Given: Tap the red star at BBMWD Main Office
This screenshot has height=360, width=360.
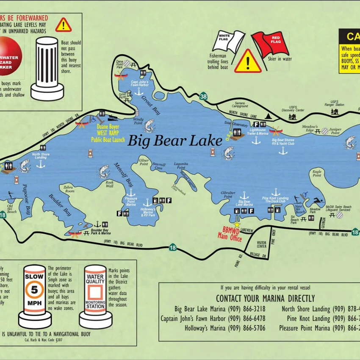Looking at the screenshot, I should [x=237, y=224].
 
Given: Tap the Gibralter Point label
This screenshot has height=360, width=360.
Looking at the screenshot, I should [x=227, y=194].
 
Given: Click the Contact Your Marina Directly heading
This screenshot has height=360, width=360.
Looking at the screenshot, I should [x=265, y=298].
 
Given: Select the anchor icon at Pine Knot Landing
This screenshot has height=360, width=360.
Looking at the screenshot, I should [x=275, y=192].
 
